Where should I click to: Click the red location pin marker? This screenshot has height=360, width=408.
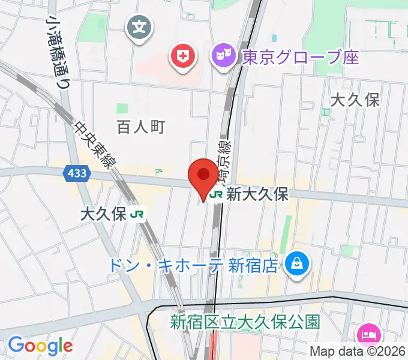click(x=203, y=176)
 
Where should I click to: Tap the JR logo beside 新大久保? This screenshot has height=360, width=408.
click(x=217, y=194)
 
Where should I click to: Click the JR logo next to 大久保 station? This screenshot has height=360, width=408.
click(x=137, y=214)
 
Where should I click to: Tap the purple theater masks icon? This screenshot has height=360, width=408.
click(x=225, y=57)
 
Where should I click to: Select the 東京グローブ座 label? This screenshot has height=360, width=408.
click(x=300, y=58)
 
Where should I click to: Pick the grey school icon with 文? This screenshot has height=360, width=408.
click(x=139, y=27)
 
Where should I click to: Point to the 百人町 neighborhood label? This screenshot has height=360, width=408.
click(x=140, y=127)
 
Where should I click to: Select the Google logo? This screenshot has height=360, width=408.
click(x=40, y=346)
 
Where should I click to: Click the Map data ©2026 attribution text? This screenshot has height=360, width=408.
click(x=358, y=352)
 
